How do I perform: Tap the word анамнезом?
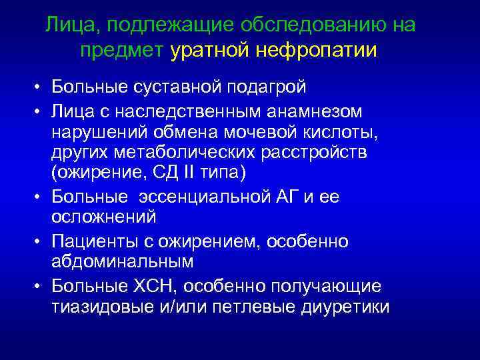click(305, 109)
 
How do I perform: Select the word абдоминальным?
click(122, 261)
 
